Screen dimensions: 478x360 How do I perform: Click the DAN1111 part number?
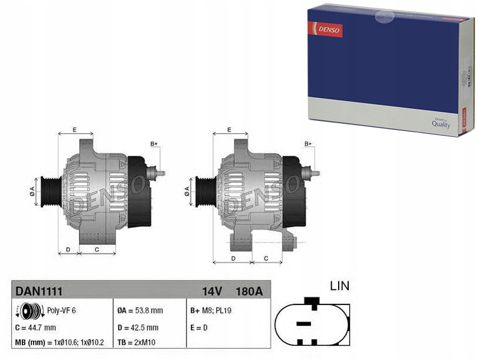pos(39,291)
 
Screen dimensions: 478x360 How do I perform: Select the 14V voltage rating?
pos(211,291)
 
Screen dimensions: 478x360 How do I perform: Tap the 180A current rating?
pos(249,291)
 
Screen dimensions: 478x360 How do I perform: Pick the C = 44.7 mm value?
pos(35,328)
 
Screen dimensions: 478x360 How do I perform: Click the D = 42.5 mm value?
pos(138,328)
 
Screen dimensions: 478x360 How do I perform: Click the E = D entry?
pos(199,328)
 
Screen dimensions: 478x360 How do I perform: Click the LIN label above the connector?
pos(339,286)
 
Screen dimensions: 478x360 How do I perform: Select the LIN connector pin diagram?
pos(312,322)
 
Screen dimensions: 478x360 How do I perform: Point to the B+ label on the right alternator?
pos(308,144)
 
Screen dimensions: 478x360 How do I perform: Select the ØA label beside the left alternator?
pos(33,191)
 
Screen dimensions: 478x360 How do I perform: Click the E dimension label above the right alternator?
pos(230,130)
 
